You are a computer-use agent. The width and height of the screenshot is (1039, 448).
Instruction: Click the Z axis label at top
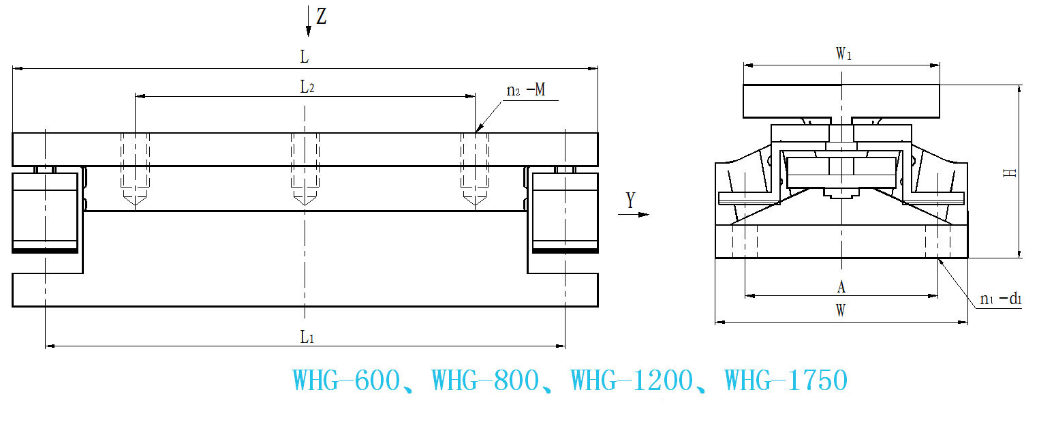click(322, 16)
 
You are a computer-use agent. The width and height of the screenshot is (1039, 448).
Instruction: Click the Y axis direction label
click(630, 200)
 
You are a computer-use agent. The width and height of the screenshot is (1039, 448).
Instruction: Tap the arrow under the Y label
click(634, 214)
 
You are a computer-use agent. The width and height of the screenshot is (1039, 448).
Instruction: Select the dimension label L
click(305, 57)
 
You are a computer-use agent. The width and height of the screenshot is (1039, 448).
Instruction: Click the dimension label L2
click(307, 87)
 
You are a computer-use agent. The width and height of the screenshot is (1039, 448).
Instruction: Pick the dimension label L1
click(307, 336)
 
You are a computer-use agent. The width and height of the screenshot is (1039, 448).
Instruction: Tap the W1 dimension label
click(843, 55)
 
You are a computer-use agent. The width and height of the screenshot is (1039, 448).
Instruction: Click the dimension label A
click(841, 286)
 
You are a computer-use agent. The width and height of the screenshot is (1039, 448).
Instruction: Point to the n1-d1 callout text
click(999, 299)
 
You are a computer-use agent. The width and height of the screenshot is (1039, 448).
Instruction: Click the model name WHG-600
click(346, 380)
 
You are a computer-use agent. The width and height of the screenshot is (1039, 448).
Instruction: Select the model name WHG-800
click(485, 380)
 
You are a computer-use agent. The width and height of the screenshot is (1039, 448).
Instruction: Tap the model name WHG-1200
click(631, 380)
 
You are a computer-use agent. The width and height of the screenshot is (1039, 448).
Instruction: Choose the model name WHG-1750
click(786, 380)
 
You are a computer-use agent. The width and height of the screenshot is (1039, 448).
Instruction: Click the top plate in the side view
click(841, 100)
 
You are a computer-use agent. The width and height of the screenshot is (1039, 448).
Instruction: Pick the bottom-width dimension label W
click(841, 311)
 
